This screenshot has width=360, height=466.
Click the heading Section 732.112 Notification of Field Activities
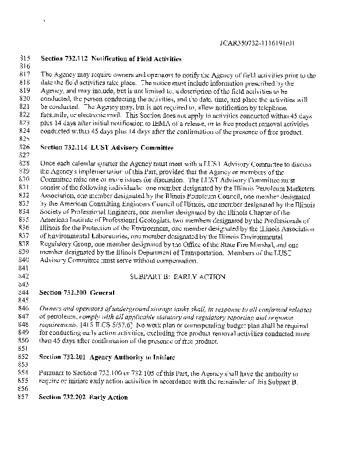pyautogui.click(x=111, y=59)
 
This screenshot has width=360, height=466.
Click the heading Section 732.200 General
pyautogui.click(x=76, y=291)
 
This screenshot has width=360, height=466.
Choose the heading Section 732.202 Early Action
pyautogui.click(x=83, y=397)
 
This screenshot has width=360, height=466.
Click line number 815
pyautogui.click(x=24, y=59)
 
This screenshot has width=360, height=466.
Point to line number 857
pyautogui.click(x=24, y=397)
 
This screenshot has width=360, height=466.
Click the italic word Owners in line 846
pyautogui.click(x=52, y=308)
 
